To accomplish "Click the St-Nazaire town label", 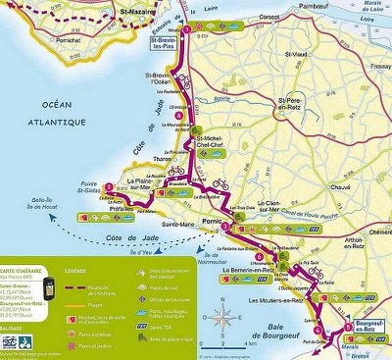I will pyautogui.click(x=138, y=13).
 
